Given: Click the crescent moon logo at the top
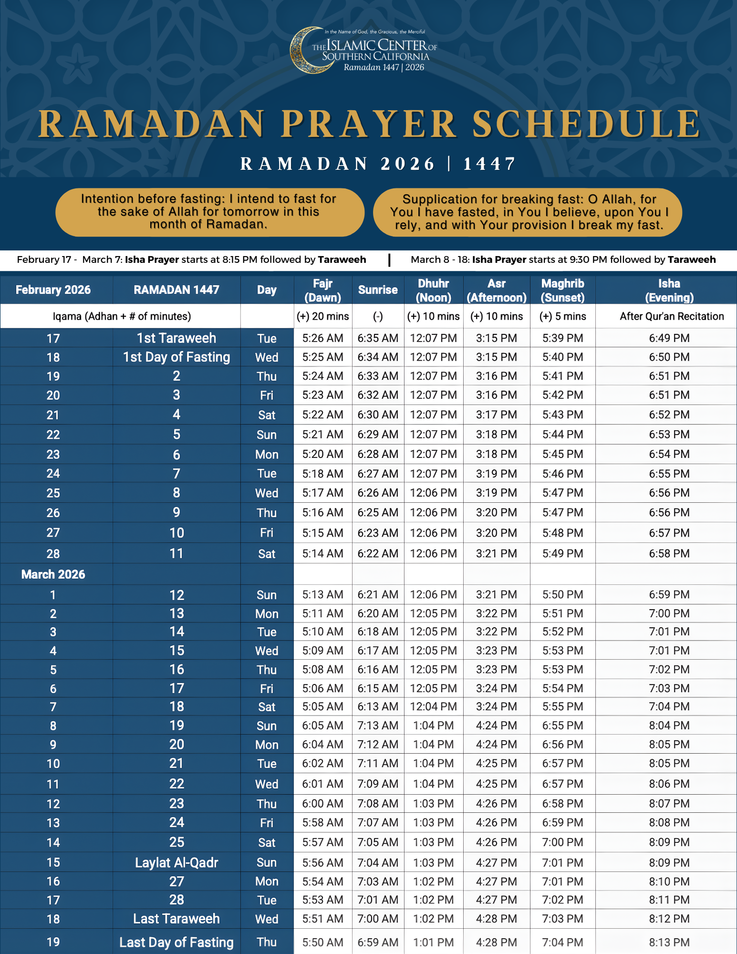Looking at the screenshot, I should point(307,51).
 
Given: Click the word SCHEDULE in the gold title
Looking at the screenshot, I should point(586,124).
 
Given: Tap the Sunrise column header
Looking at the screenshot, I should point(378,290).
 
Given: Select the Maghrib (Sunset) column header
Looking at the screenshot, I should point(562,290).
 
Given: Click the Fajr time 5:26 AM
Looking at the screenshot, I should point(322,338).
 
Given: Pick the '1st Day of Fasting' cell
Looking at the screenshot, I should point(176,357).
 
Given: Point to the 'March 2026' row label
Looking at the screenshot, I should point(53,574).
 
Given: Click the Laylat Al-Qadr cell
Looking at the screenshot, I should point(176,862).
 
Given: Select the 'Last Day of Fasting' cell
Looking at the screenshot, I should point(176,942).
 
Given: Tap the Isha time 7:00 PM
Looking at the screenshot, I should point(669,613).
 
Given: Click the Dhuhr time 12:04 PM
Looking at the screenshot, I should point(433,706).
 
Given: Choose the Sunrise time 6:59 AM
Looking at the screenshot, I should point(378,942).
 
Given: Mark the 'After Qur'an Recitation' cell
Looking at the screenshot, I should point(672,316).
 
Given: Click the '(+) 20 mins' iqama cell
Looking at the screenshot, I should point(322,316).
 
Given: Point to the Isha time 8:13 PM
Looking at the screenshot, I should point(669,942).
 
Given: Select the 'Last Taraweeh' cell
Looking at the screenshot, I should point(176,919).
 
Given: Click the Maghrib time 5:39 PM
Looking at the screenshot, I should point(562,338).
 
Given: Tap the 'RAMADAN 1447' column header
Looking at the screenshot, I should point(176,290).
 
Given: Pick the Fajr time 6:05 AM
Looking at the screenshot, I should point(322,726).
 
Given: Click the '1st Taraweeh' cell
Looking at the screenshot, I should point(176,338).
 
